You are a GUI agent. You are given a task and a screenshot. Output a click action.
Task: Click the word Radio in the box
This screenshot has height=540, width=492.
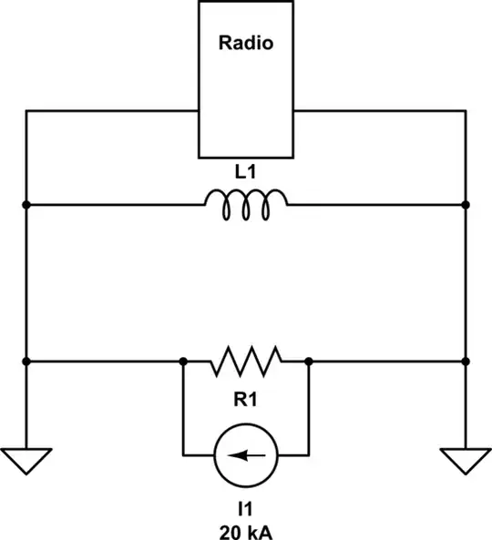[x=245, y=42]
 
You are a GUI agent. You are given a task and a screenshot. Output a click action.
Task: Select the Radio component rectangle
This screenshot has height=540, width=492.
[x=245, y=91]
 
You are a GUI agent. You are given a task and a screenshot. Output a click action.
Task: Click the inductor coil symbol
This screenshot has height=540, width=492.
[x=245, y=205]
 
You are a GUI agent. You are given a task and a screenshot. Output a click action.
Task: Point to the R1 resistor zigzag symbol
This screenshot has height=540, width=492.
[x=245, y=362]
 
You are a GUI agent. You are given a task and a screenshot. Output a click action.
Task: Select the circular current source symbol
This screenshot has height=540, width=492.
[x=245, y=453]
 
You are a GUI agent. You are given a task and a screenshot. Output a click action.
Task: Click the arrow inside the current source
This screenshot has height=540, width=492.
[x=244, y=453]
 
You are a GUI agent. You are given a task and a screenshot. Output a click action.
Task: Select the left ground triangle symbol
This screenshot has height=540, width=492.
[x=26, y=461]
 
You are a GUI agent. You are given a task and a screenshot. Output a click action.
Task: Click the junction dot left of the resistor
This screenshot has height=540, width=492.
[x=183, y=362]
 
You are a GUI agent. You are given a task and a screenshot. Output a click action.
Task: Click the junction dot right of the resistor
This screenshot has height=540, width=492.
[x=309, y=362]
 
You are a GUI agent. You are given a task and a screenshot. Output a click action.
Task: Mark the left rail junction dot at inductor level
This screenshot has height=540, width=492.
[x=26, y=205]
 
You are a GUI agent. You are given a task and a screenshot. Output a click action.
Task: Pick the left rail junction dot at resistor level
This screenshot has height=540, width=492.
[x=26, y=362]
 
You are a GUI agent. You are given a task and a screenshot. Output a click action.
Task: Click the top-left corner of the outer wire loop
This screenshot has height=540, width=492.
[x=26, y=111]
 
